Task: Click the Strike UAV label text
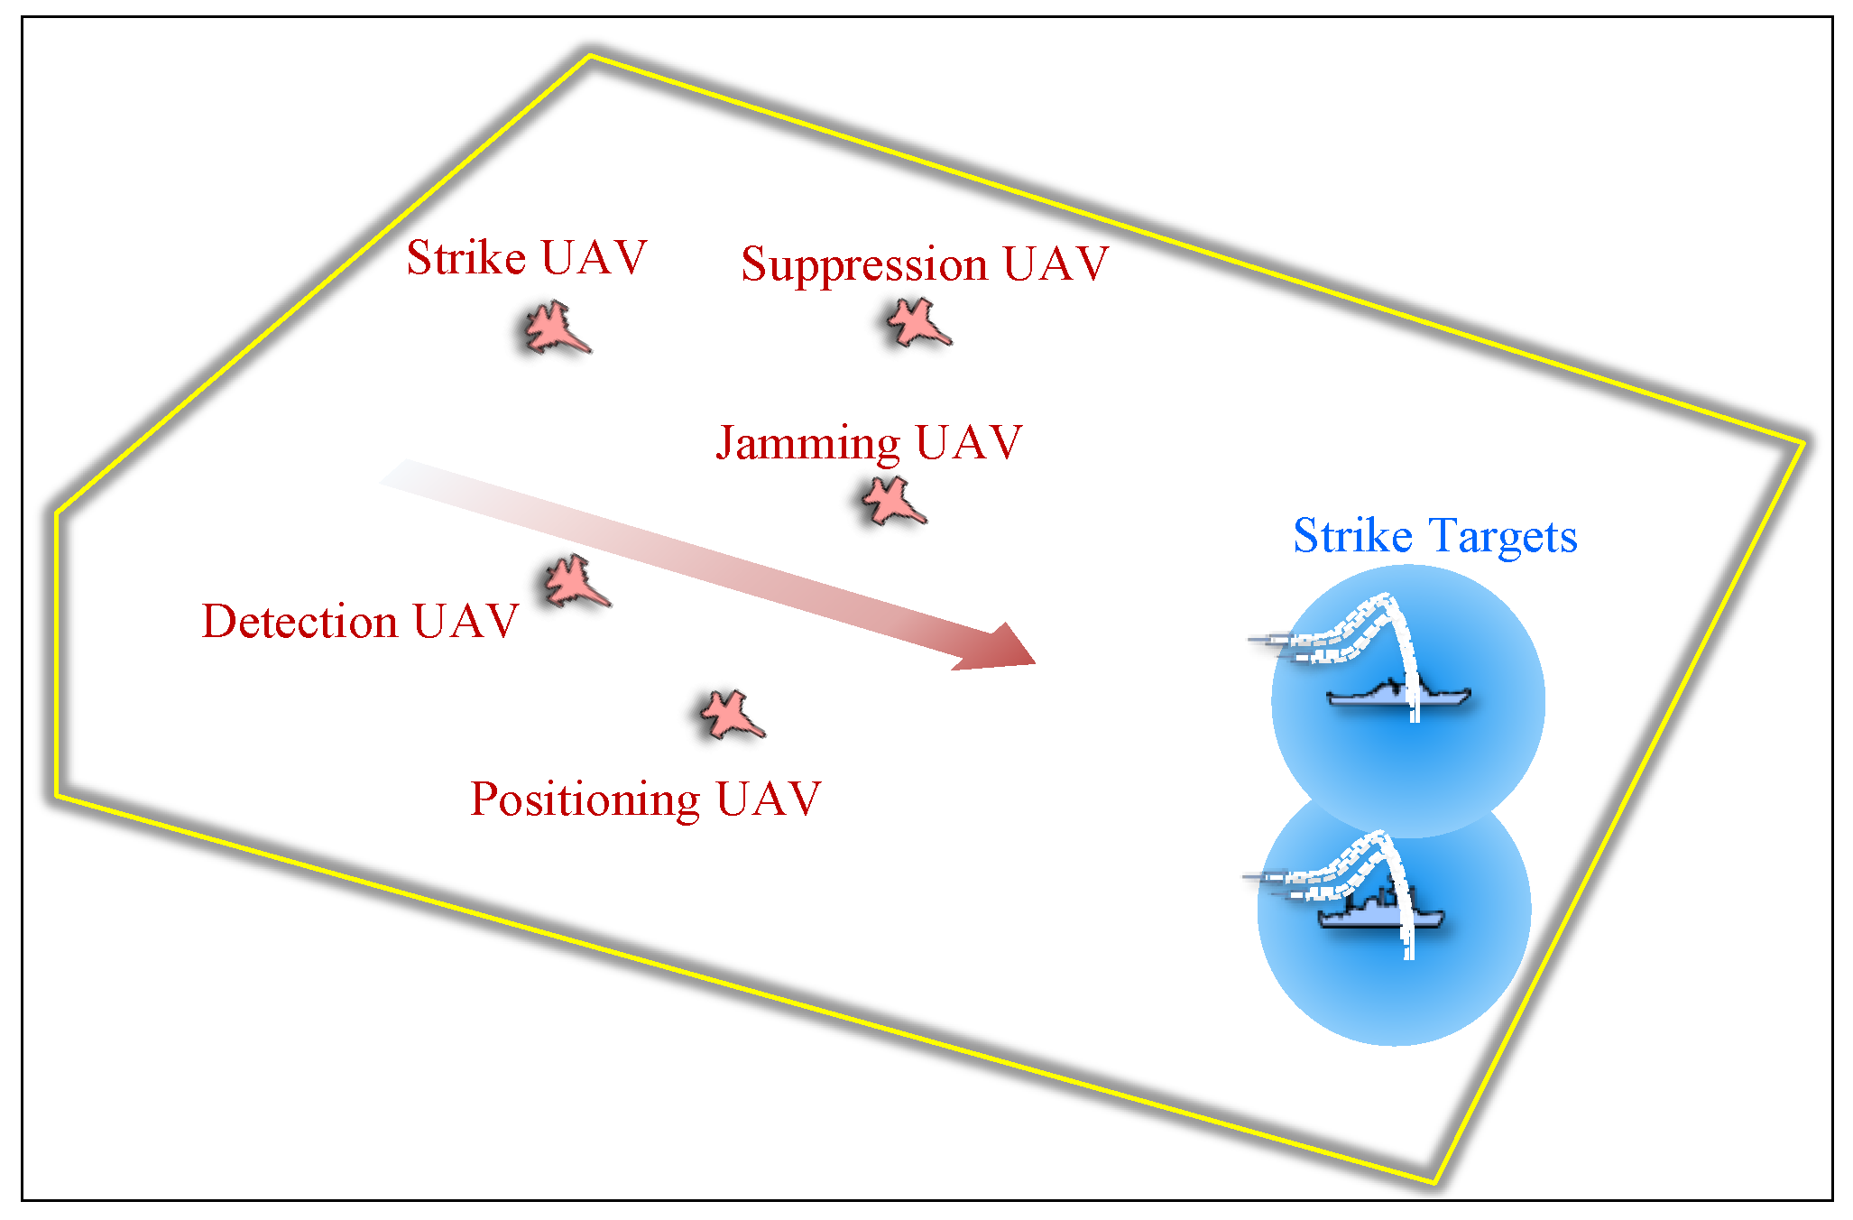click(x=527, y=258)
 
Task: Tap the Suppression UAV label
click(x=925, y=264)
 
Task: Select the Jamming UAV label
click(x=869, y=443)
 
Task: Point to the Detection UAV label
click(x=360, y=622)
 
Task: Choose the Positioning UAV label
click(x=646, y=799)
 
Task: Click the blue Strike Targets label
click(x=1434, y=536)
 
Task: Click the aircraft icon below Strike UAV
click(x=556, y=328)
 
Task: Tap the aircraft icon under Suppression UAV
click(x=917, y=322)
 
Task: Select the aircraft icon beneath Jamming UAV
click(x=891, y=501)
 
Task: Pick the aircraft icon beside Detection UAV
click(x=575, y=581)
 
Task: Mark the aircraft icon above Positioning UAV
click(x=731, y=716)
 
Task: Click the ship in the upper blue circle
click(x=1398, y=696)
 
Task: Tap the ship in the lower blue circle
click(x=1380, y=913)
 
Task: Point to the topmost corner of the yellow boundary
click(x=589, y=56)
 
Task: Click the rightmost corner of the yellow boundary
click(x=1802, y=443)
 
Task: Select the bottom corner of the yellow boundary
click(x=1434, y=1181)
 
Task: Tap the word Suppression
click(x=864, y=264)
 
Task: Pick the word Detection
click(x=300, y=622)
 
